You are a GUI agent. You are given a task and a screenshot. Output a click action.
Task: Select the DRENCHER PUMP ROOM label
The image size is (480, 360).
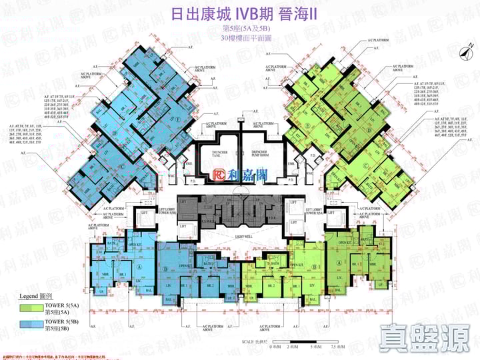pos(265,153)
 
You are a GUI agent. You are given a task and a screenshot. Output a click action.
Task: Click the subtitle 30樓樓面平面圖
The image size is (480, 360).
pos(240,38)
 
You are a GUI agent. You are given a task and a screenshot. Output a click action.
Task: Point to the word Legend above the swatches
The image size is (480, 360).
pos(31,295)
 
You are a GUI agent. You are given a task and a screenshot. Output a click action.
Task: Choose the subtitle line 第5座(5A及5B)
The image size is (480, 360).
pos(240,28)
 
